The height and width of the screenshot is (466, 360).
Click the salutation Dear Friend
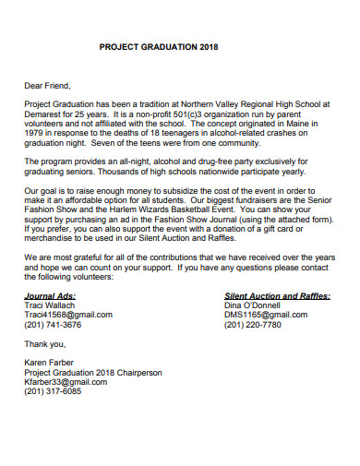tap(48, 86)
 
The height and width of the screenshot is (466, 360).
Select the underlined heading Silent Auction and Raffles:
tap(277, 295)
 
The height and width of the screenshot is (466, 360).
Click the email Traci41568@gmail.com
tap(68, 315)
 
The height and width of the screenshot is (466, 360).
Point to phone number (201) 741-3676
tap(53, 325)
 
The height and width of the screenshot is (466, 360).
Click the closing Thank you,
tap(44, 343)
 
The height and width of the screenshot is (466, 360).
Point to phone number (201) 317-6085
tap(53, 392)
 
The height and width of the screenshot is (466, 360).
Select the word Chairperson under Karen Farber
tap(138, 373)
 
